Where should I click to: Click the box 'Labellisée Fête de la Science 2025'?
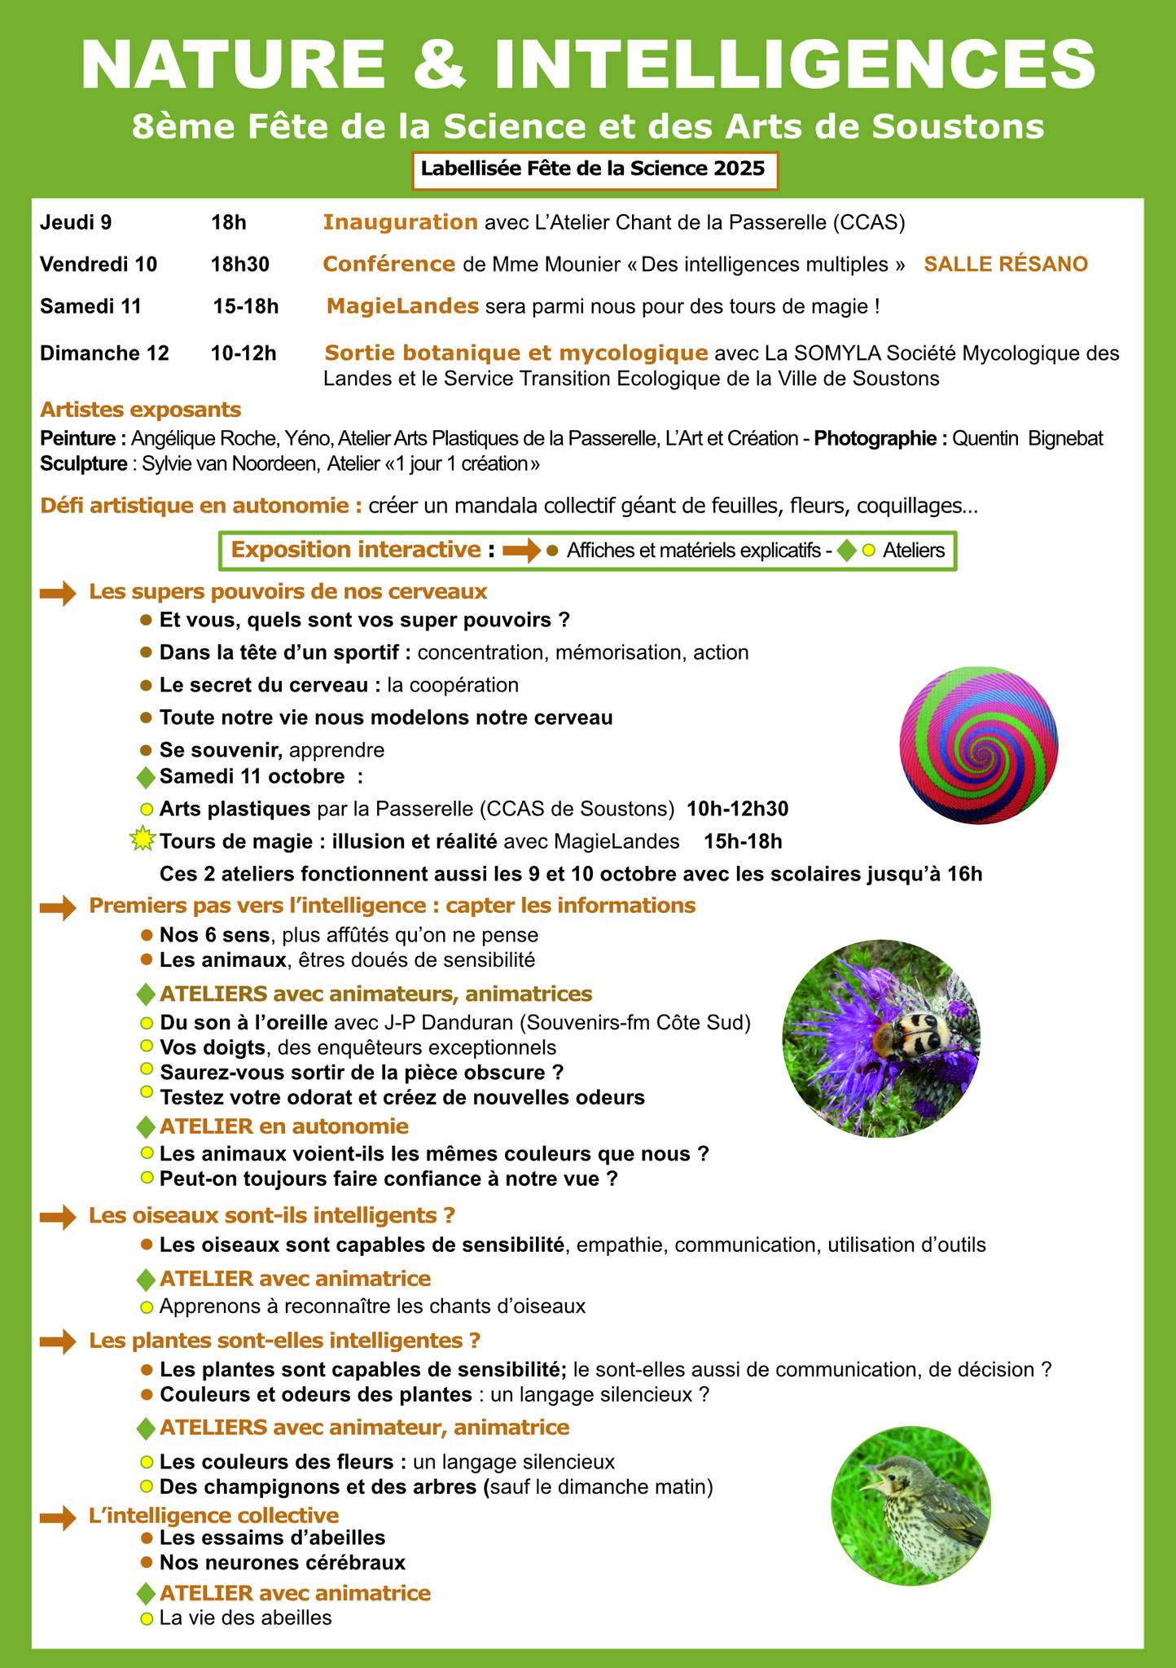coord(592,169)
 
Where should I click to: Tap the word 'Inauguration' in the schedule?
coord(400,222)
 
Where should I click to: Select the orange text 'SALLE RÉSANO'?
coord(1006,265)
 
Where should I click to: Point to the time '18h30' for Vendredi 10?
coord(239,265)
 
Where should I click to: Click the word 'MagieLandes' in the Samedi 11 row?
coord(402,307)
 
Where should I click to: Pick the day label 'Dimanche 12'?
coord(104,353)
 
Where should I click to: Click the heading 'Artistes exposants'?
coord(140,409)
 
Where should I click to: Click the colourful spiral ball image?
coord(978,744)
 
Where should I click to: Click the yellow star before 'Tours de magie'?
coord(143,839)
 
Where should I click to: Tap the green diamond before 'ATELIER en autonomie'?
coord(146,1127)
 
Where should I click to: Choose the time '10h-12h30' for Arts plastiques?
coord(737,810)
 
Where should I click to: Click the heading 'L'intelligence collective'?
coord(213,1515)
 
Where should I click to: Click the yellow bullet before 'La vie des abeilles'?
coord(147,1618)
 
